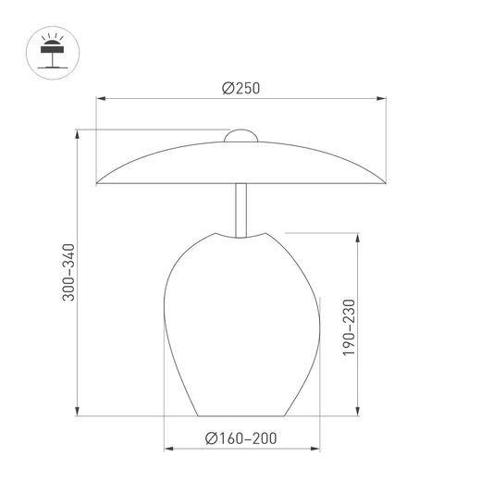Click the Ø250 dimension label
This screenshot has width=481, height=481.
[240, 88]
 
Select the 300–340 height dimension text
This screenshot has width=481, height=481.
[68, 272]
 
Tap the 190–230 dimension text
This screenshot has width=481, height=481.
[350, 327]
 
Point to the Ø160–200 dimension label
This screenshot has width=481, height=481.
[240, 438]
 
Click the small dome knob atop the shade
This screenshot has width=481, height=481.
[240, 136]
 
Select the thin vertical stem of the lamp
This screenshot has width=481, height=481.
[240, 211]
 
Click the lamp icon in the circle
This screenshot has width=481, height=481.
[53, 53]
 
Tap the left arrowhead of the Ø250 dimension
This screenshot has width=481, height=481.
[101, 99]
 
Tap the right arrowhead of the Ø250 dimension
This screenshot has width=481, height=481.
[381, 99]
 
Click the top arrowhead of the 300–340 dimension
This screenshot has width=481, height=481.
[78, 134]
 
